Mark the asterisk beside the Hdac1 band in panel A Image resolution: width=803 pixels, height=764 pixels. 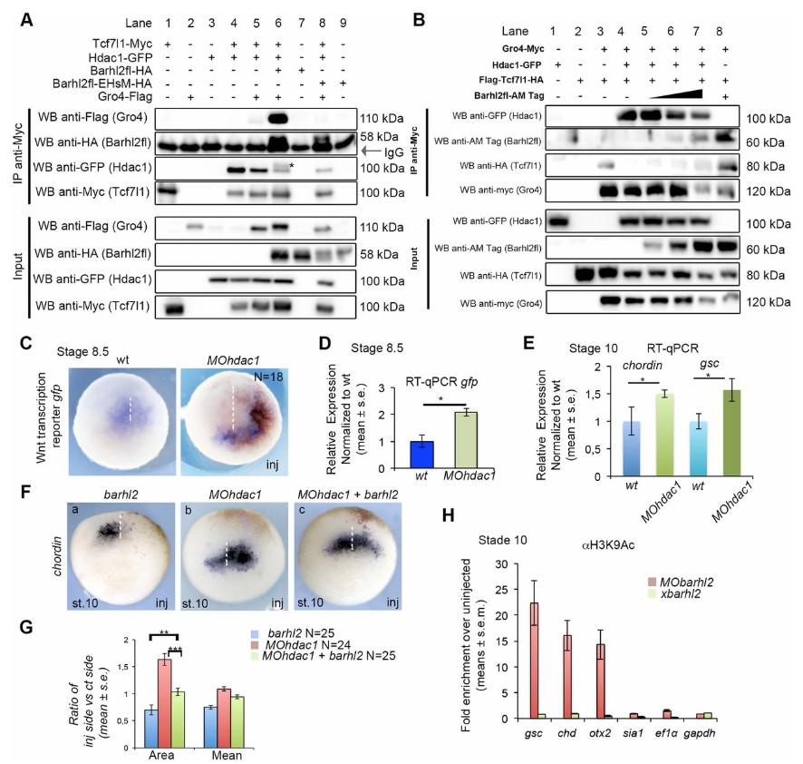pyautogui.click(x=293, y=165)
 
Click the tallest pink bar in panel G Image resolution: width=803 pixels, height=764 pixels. pyautogui.click(x=164, y=685)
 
